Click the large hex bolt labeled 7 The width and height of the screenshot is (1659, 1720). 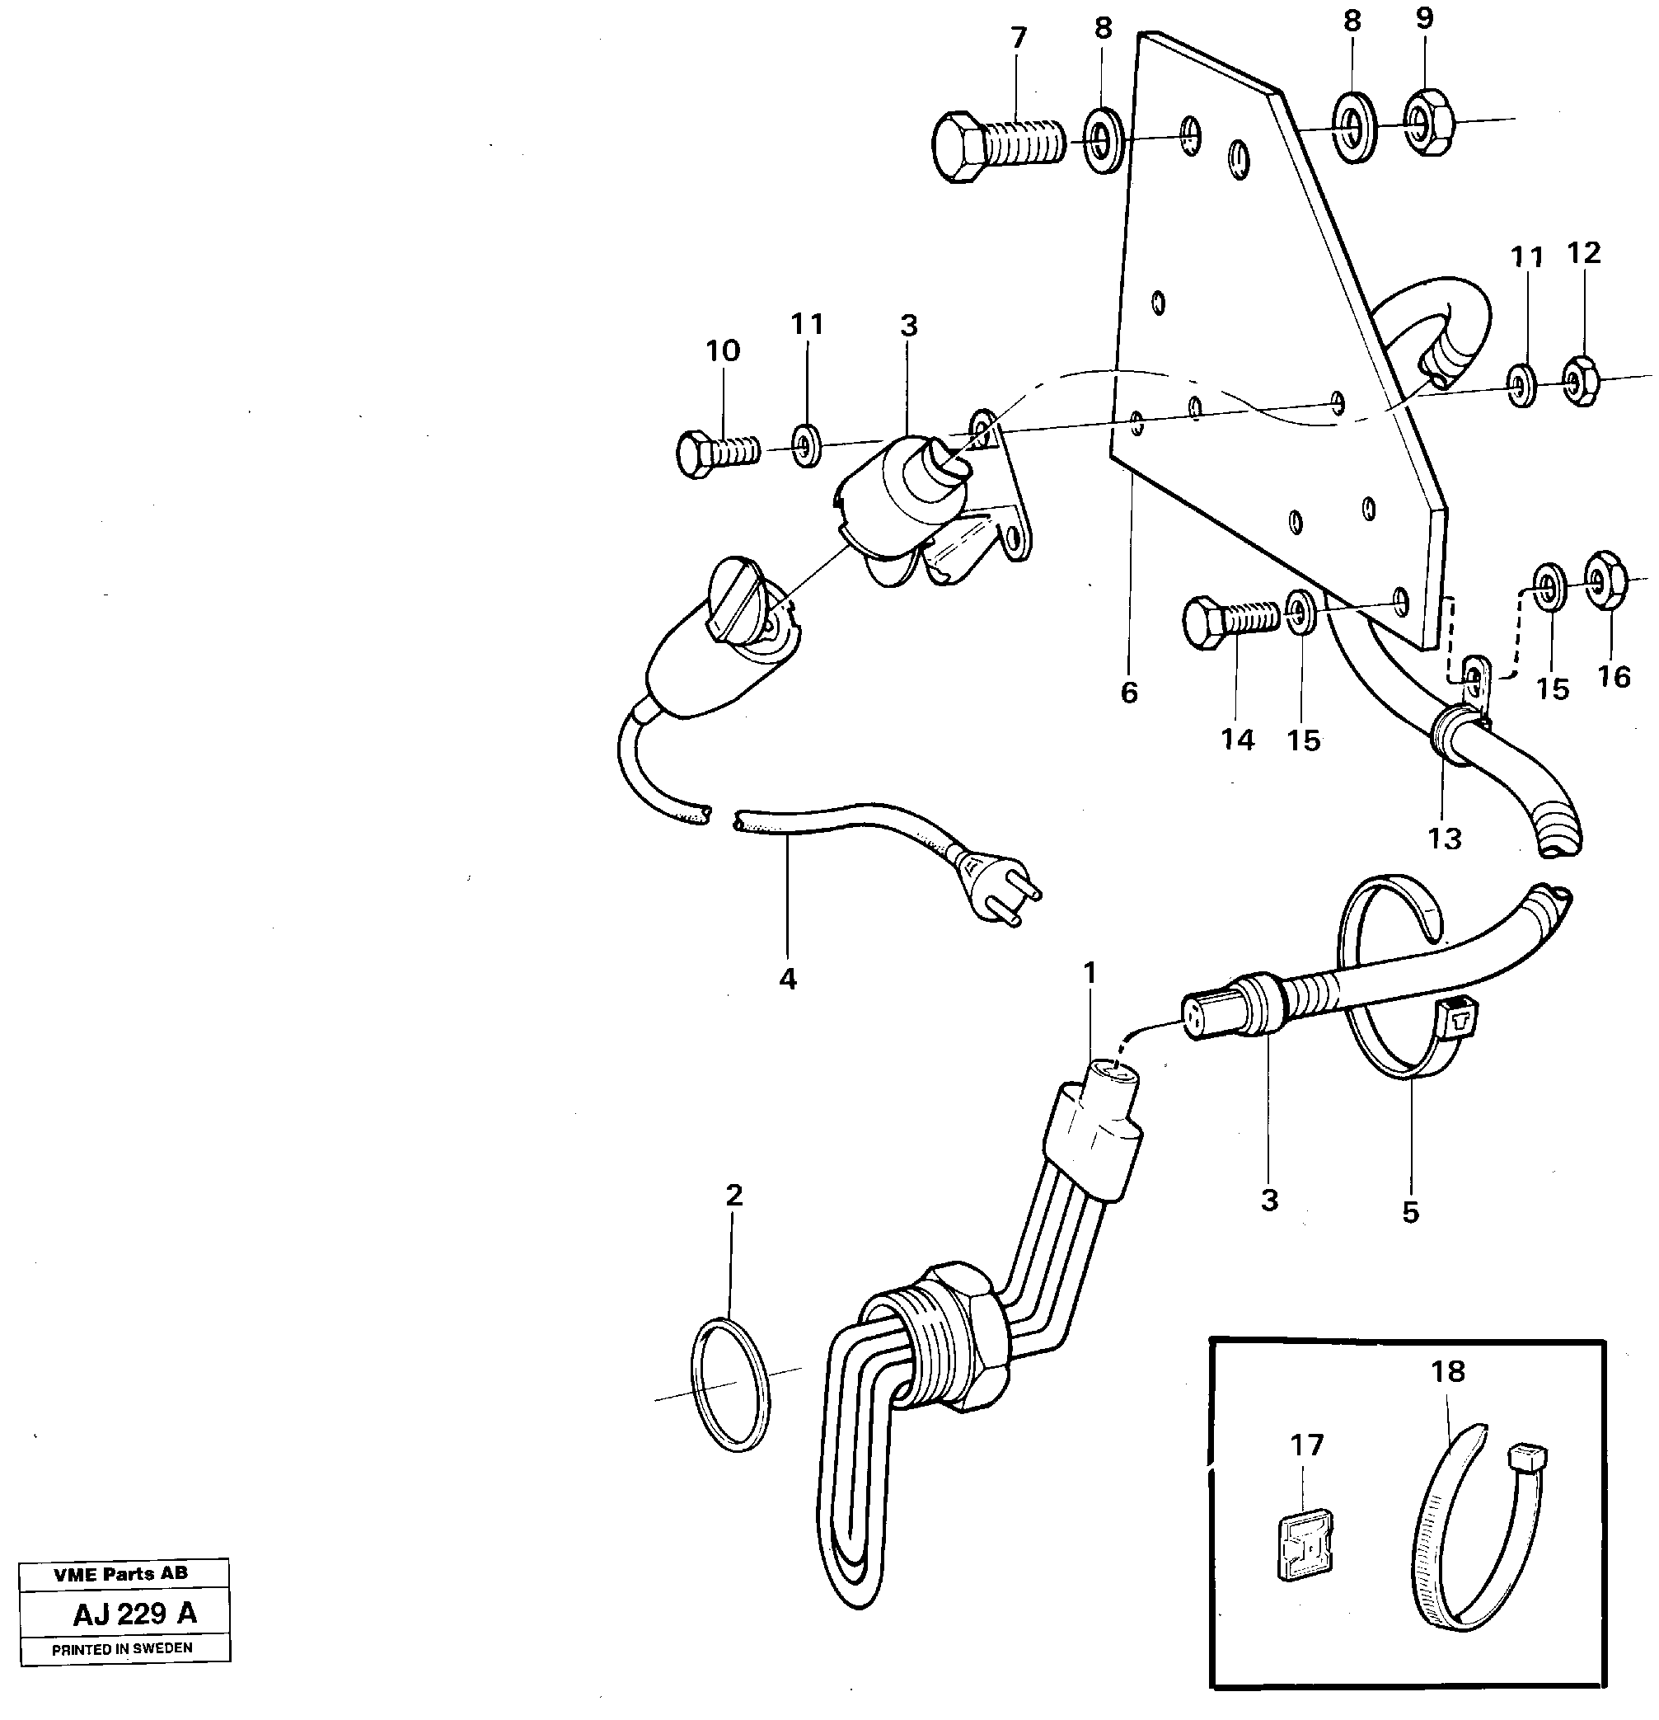point(996,147)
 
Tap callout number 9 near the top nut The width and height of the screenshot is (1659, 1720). point(1424,18)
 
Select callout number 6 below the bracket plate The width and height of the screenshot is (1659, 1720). point(1129,693)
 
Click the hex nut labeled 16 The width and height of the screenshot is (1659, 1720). point(1607,580)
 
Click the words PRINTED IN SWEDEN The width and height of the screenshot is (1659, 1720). point(122,1649)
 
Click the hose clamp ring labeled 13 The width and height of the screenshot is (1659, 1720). point(1452,735)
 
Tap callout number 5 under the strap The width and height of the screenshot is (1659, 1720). point(1410,1213)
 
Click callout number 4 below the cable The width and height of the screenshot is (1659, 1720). point(787,979)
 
